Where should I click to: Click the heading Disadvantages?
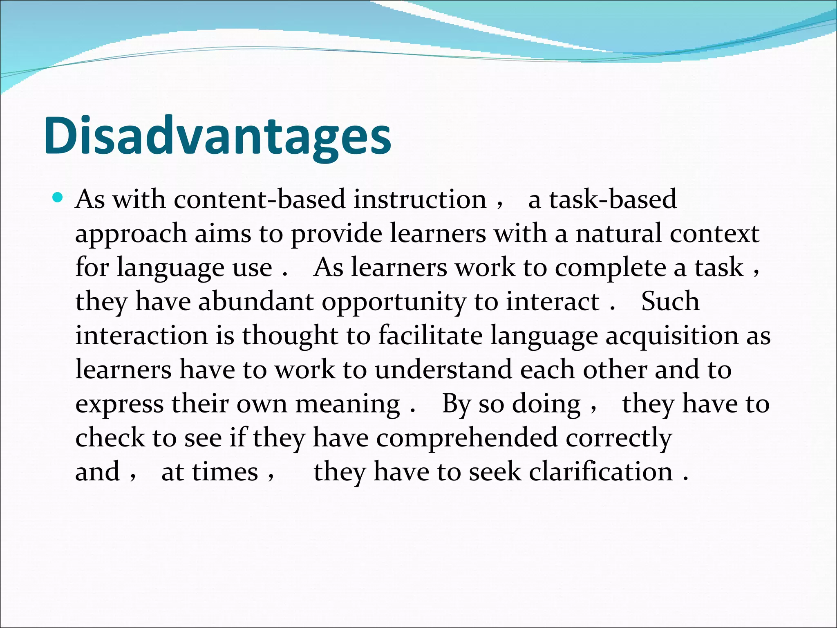(217, 136)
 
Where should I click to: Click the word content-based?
(259, 200)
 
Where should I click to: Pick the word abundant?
(256, 302)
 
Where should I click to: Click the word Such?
(670, 302)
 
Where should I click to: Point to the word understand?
(443, 370)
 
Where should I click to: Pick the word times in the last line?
(225, 472)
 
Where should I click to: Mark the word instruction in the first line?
(420, 200)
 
